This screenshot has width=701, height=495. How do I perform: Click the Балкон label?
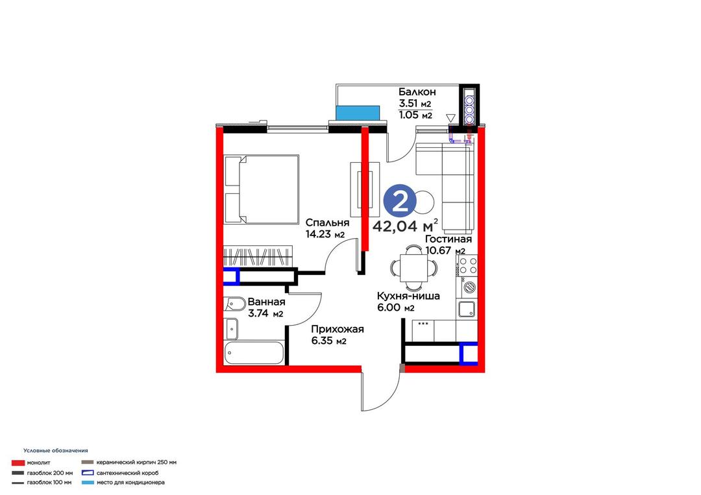[x=417, y=92]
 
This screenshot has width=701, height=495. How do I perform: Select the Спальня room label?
[x=327, y=223]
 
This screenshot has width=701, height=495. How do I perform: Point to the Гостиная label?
[x=448, y=239]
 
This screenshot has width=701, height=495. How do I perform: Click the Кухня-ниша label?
[x=408, y=296]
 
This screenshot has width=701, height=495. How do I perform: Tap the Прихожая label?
[x=338, y=330]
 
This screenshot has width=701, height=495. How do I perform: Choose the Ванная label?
[x=267, y=302]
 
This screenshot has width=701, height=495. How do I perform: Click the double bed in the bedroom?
[x=262, y=189]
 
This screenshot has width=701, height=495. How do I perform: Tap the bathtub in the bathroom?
[x=254, y=353]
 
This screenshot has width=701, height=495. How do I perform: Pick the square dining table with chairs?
[x=413, y=267]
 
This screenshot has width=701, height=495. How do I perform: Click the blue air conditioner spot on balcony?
[x=358, y=113]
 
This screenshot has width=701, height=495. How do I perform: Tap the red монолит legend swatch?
[x=18, y=463]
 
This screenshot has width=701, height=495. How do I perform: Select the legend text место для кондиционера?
[x=130, y=483]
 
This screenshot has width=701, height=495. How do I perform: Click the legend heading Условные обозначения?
[x=56, y=451]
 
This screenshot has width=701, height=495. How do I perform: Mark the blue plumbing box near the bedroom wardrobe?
[x=232, y=276]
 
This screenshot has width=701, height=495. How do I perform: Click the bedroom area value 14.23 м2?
[x=325, y=234]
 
